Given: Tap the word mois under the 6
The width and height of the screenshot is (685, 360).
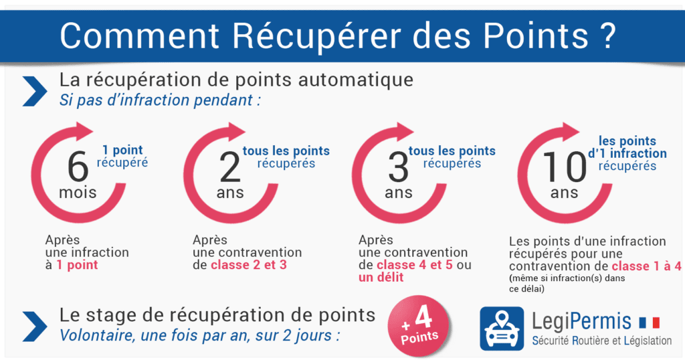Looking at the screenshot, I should tap(78, 193).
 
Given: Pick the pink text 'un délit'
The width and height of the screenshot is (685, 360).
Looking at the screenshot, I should tap(381, 277).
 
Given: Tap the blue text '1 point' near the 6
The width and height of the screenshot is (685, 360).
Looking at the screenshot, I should tap(122, 151).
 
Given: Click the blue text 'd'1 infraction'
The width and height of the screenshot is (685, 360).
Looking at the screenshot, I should tap(627, 154).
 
